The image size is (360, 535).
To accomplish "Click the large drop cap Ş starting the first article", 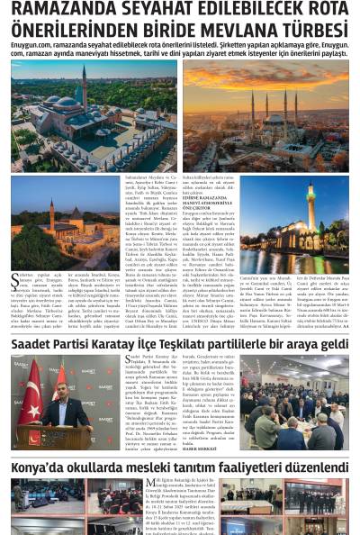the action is [14, 280].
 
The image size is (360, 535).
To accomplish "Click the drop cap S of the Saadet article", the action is [129, 361].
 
